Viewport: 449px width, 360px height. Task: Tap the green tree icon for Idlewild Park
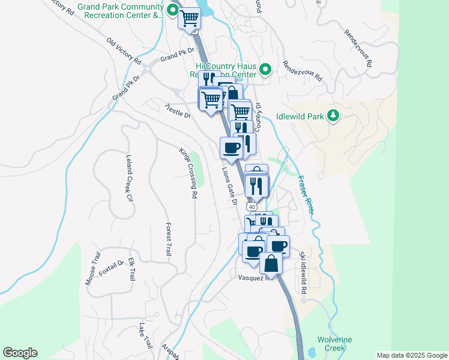[x=334, y=116]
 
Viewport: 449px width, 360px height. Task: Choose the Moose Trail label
[x=92, y=268]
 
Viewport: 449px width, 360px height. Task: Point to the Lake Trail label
[x=145, y=337]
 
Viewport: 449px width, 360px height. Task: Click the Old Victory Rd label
[x=124, y=52]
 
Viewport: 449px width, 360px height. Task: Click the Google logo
[x=20, y=353]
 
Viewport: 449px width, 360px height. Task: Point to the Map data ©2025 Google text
[x=411, y=355]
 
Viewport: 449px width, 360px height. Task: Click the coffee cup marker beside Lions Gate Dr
[x=231, y=148]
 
